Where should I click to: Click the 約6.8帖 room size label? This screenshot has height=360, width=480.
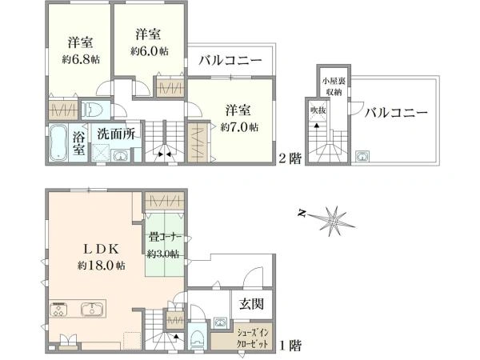coord(81,59)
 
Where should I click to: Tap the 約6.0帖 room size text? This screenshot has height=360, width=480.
coord(150,51)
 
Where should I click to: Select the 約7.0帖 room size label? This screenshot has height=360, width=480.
coord(239,126)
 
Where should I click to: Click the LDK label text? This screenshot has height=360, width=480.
coord(102,249)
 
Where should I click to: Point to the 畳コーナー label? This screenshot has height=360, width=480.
coord(166,237)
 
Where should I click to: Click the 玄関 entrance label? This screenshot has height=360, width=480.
coord(251,304)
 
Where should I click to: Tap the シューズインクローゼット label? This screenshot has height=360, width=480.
coord(253,338)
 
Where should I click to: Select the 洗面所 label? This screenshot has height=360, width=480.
coord(116,134)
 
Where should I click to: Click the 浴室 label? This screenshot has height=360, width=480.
coord(78,142)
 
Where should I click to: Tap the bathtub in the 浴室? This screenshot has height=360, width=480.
coord(58,142)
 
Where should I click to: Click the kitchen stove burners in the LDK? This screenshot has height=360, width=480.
coord(59,309)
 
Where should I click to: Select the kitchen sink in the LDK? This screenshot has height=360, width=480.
coord(91,309)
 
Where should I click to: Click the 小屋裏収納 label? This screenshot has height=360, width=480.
coord(334,86)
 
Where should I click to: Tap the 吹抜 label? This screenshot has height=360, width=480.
coord(318,110)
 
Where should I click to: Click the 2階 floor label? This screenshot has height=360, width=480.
coord(290,158)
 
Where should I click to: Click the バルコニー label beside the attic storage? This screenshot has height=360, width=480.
coord(396,113)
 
